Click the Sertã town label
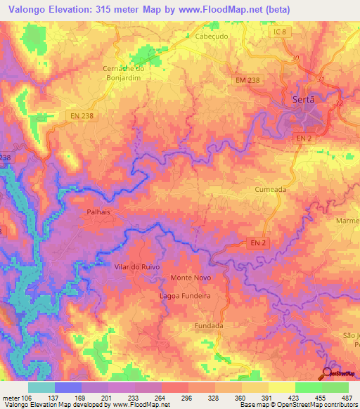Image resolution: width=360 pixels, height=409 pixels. (x=306, y=100)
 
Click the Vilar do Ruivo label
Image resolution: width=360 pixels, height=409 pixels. (x=137, y=267)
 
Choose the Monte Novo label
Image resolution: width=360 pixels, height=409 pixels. (x=190, y=278)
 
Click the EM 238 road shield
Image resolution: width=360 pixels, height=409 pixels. (x=247, y=81)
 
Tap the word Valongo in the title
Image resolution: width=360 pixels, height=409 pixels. (x=27, y=11)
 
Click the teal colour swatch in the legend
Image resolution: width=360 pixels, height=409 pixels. (x=41, y=387)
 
